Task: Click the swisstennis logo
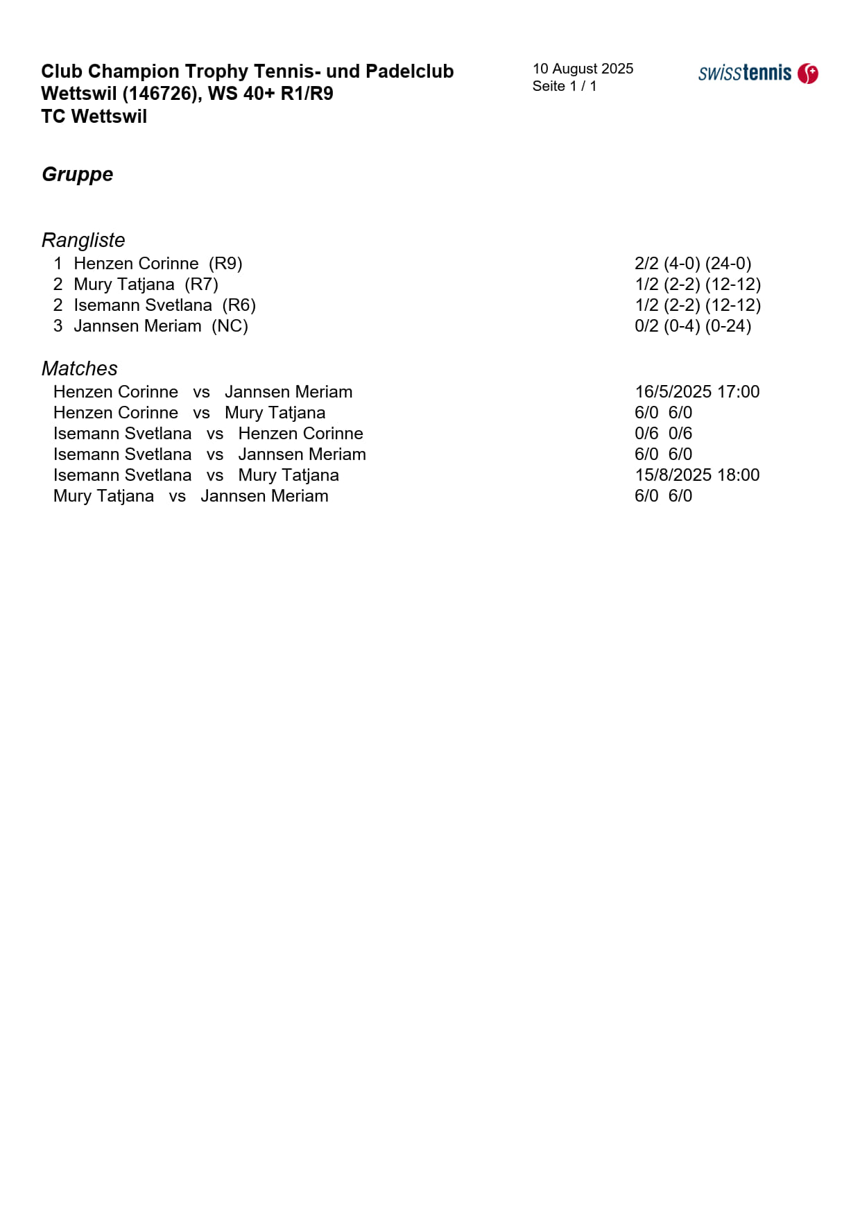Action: click(x=757, y=73)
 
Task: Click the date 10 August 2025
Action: click(x=583, y=69)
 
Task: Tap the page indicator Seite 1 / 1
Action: click(x=565, y=86)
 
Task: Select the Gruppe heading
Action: click(x=77, y=174)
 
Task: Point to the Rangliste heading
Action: click(x=83, y=240)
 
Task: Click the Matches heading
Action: click(x=79, y=368)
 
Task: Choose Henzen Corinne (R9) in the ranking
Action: click(x=157, y=264)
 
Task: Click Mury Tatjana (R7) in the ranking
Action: click(x=146, y=284)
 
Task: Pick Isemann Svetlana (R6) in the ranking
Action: click(x=164, y=305)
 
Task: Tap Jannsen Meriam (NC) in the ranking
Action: click(x=160, y=326)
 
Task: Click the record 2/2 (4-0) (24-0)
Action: click(x=693, y=264)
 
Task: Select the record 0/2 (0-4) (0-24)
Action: click(x=693, y=326)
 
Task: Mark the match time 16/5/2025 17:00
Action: click(x=697, y=392)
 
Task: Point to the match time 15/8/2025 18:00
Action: click(x=697, y=475)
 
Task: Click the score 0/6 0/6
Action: click(x=663, y=434)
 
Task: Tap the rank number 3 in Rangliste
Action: click(x=58, y=326)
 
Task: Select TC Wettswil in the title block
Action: click(x=94, y=117)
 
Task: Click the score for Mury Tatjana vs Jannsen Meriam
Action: click(x=663, y=496)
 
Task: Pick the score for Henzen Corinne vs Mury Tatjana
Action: click(x=663, y=413)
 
